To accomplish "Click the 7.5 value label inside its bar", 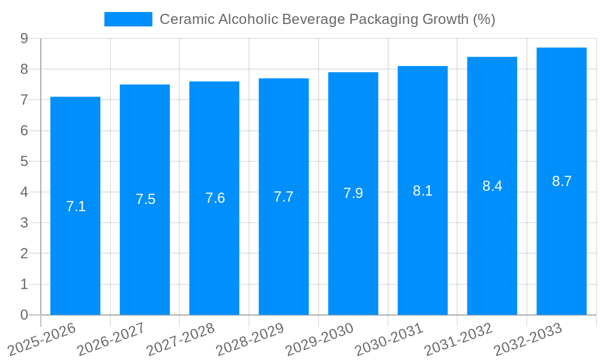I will coord(145,199).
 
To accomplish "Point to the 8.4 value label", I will coord(492,186).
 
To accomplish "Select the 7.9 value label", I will coord(353,193).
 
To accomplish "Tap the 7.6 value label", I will coord(215,198).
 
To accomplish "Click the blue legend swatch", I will coord(128,19).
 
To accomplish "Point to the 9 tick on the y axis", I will coord(24,38).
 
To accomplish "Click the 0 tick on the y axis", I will coord(24,315).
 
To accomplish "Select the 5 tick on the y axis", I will coord(24,161).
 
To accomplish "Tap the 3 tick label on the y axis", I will coord(24,223).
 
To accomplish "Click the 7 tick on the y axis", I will coord(24,100).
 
